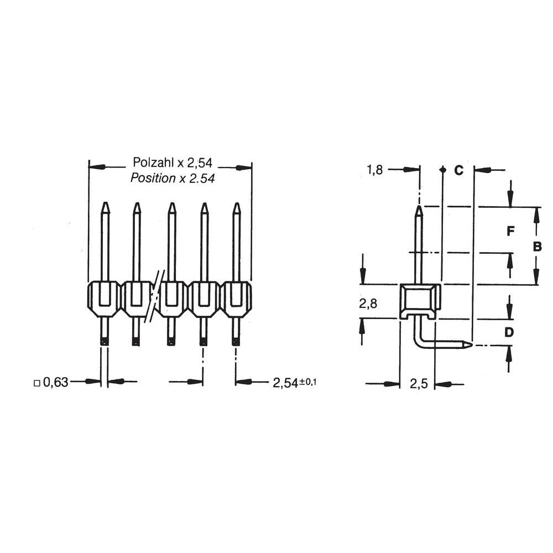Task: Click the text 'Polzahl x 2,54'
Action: [173, 163]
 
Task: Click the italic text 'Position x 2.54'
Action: [173, 178]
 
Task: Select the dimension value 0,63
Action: [55, 382]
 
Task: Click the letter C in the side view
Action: [458, 170]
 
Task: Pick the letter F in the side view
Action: [511, 231]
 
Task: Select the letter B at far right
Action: [537, 247]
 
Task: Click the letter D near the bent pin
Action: [510, 332]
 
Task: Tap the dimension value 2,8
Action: [368, 303]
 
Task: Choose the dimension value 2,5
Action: [418, 383]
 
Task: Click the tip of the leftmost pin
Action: [105, 204]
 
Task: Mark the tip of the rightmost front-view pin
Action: [237, 205]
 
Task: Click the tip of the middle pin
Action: [172, 204]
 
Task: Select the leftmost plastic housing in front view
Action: [104, 299]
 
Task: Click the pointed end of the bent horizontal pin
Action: [470, 345]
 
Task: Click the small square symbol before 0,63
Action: [36, 382]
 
